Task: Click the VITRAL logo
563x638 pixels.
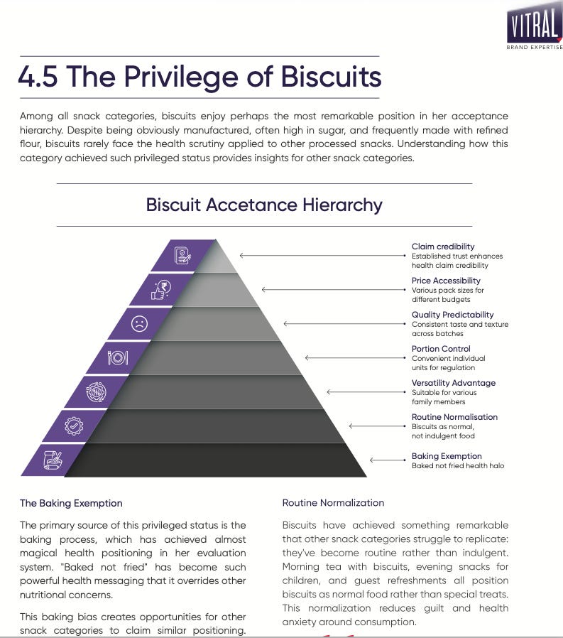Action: [534, 28]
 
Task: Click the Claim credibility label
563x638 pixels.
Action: [443, 247]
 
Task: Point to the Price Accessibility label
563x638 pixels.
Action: [446, 281]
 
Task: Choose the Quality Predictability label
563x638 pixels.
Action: [452, 315]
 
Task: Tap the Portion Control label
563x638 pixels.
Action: [441, 349]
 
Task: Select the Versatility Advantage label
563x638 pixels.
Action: [454, 383]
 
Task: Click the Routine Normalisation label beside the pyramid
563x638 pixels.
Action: [454, 417]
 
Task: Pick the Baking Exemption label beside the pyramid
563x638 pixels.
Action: [447, 456]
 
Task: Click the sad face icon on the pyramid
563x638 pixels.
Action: [139, 323]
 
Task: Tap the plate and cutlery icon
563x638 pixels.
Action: [117, 357]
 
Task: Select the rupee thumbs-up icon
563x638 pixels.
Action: [161, 289]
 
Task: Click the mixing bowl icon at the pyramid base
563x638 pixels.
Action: [53, 460]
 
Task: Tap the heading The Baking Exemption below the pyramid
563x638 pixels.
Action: [71, 503]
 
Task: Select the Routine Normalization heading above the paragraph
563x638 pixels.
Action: [333, 502]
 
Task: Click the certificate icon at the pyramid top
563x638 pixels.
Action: [182, 255]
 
